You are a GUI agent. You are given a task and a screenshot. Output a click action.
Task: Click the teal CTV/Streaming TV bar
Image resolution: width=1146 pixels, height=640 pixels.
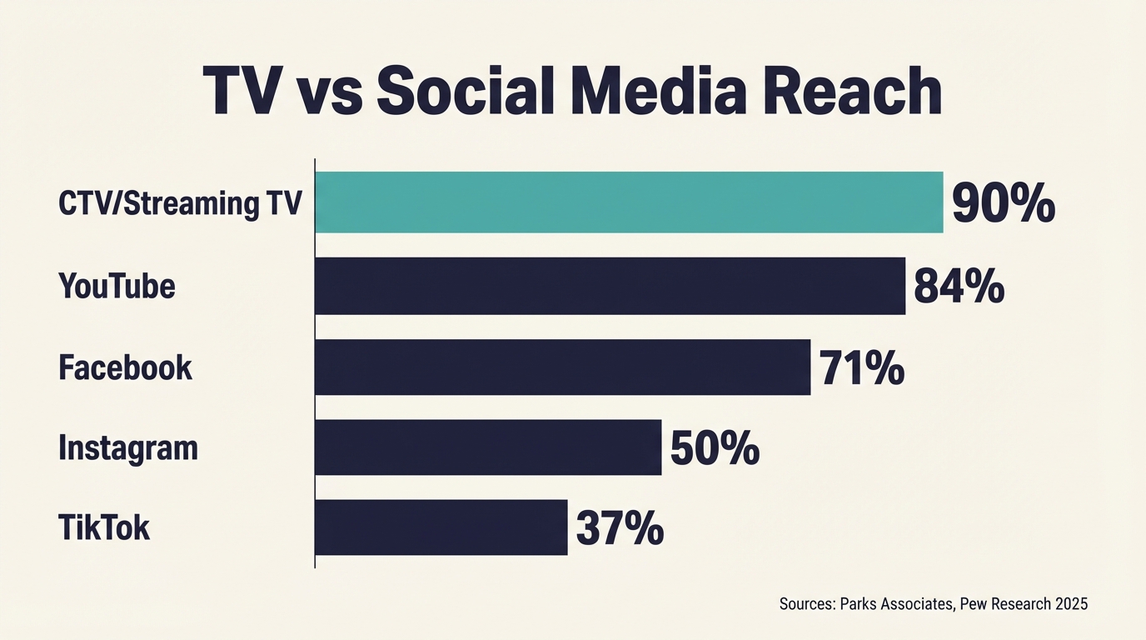629,202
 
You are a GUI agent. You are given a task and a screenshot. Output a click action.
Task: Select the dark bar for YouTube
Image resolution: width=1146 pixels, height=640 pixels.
610,286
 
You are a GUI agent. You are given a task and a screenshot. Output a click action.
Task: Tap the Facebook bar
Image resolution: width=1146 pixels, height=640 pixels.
562,367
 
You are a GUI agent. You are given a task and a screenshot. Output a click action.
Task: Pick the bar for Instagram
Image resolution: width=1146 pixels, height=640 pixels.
488,447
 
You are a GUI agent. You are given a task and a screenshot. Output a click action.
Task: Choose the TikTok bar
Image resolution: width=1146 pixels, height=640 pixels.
441,527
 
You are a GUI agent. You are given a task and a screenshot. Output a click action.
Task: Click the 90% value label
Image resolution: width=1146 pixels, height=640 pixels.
1003,204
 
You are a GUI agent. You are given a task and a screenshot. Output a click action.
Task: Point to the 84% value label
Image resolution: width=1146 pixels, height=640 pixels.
959,286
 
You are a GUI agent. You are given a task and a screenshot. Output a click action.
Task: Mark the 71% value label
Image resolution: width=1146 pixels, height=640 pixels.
861,367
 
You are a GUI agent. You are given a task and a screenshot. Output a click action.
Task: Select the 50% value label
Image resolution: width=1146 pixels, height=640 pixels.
715,448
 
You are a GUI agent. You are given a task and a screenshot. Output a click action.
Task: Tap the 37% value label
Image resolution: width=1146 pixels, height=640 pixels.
620,529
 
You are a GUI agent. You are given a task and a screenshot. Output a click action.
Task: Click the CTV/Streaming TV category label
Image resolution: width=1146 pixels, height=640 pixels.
180,204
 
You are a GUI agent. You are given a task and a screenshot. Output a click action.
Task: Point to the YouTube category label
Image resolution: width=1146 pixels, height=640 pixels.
117,286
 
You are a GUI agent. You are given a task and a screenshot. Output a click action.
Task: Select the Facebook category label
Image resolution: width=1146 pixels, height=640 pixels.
126,367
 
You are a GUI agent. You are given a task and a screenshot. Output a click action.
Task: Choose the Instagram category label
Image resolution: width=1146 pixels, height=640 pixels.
128,448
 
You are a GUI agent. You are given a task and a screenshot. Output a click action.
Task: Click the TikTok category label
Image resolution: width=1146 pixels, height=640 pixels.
104,528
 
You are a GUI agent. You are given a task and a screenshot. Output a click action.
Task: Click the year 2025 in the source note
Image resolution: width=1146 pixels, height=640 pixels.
1071,604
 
